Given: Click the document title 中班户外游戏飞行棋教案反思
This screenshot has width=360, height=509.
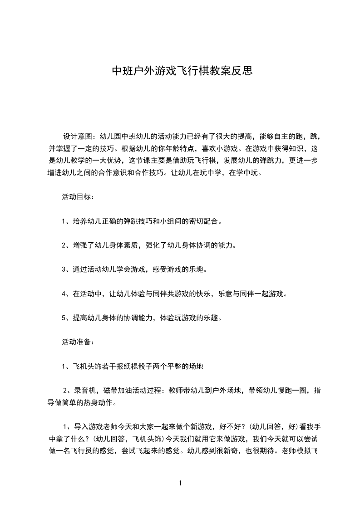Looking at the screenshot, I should (x=182, y=71).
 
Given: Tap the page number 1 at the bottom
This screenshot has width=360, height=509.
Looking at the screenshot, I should (x=180, y=483).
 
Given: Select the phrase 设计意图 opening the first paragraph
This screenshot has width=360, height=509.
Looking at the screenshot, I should (x=77, y=136).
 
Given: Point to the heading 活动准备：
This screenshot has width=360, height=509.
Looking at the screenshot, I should (x=78, y=342).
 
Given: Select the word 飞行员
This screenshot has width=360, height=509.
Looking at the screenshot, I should (x=89, y=451).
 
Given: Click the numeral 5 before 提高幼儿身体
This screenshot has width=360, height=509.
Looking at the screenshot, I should (x=64, y=318).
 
